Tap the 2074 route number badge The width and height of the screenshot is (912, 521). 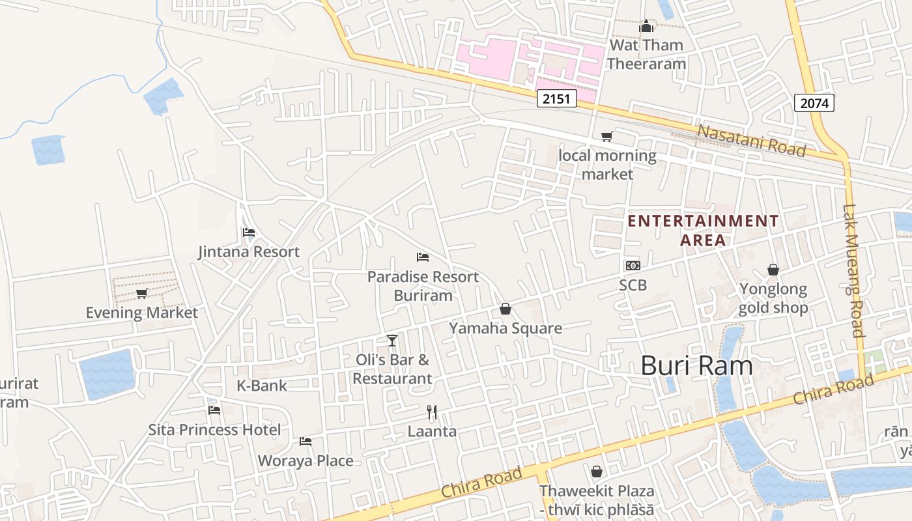point(814,102)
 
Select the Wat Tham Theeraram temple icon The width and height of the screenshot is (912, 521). point(646,27)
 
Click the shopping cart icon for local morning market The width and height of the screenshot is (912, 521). point(606,136)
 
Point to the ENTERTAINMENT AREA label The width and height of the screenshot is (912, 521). point(703,231)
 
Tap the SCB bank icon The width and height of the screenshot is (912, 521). point(633,265)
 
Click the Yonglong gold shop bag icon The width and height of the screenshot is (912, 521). point(773,270)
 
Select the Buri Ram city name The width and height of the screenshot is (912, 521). point(696,366)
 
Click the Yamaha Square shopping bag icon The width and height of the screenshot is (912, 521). point(505,309)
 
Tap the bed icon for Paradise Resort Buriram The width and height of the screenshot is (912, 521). point(422,257)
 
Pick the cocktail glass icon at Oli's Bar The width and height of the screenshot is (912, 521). point(392,340)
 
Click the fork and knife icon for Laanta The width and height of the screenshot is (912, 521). point(431,412)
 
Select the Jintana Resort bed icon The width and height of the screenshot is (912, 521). point(248,232)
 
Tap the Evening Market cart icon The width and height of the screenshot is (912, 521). point(141,293)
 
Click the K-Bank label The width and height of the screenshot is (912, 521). point(261,386)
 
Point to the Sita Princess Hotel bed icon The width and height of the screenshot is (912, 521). point(214,410)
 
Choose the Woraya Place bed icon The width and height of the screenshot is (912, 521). point(305,441)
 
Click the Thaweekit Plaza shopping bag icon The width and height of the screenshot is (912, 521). point(596,472)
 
